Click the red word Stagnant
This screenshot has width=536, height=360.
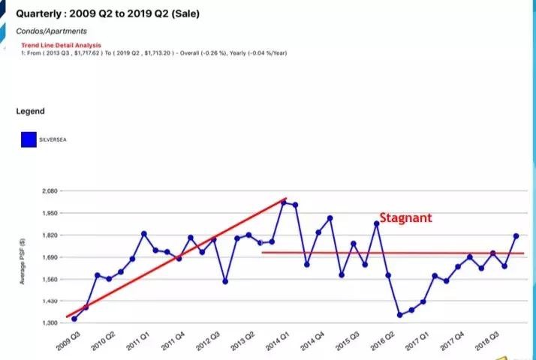click(x=405, y=218)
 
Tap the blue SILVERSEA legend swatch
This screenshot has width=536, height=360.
click(x=29, y=139)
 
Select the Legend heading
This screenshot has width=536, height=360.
click(x=31, y=111)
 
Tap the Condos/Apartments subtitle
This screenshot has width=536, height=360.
click(x=51, y=31)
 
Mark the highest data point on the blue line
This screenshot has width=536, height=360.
click(x=283, y=202)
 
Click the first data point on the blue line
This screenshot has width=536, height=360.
click(x=74, y=319)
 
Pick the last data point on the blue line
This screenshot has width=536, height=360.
click(x=516, y=236)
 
